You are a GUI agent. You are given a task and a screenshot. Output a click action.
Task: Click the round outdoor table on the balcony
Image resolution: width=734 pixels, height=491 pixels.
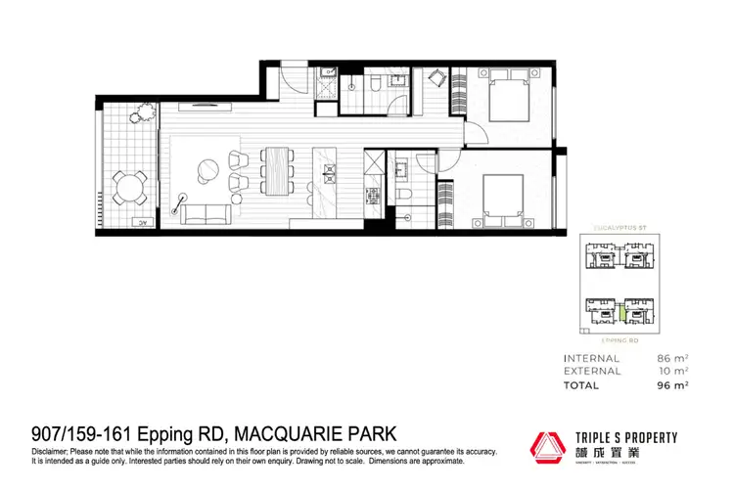tap(129, 185)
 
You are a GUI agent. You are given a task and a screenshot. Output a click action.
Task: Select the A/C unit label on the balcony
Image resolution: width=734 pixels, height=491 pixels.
tap(142, 223)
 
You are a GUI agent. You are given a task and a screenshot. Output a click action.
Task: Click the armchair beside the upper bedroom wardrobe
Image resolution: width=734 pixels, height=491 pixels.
tap(436, 76)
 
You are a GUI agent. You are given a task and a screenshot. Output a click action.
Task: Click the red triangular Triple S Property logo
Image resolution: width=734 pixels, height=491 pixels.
tap(548, 445)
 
